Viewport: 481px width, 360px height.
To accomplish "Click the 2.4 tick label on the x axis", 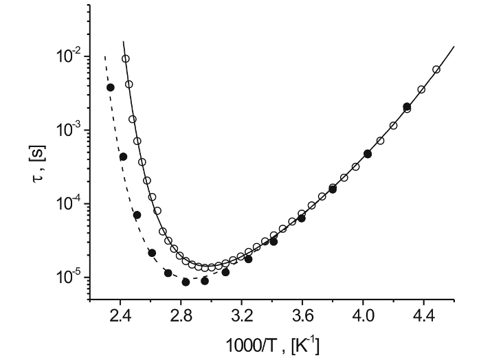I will [x=120, y=318].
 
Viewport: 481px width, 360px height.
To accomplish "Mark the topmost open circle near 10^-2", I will [x=126, y=59].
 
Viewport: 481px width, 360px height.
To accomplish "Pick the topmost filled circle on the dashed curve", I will [x=111, y=87].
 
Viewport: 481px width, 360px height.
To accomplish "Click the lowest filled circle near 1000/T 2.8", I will [x=186, y=282].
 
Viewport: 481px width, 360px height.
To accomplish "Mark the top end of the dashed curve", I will [x=104, y=56].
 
